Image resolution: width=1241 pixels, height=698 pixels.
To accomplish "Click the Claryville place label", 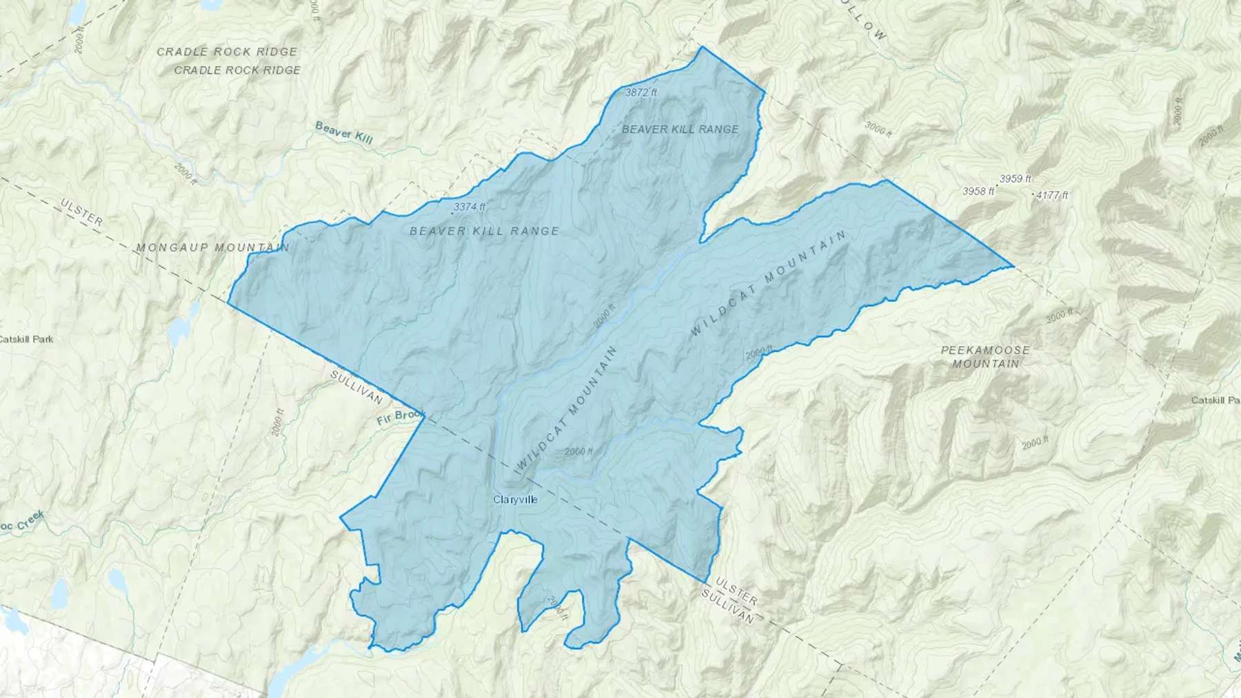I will point(515,500).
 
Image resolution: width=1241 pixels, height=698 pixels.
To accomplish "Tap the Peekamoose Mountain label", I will point(985,356).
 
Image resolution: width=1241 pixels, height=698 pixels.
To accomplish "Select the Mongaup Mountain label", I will point(212,247).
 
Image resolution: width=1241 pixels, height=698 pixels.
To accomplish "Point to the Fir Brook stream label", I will point(401,418).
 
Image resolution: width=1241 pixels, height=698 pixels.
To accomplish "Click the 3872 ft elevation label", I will point(640,92).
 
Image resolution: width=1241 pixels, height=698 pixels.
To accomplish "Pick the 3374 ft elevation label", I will point(470,206).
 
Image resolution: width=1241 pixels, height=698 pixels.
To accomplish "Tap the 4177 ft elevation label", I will point(1052,196).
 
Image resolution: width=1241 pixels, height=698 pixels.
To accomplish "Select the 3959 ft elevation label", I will point(1016,179).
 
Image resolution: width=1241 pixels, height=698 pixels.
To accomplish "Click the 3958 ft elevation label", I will point(978,192).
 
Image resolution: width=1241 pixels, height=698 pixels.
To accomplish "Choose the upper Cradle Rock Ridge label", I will point(227,52).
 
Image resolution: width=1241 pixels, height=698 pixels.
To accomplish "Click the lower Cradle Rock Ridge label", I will point(237,70).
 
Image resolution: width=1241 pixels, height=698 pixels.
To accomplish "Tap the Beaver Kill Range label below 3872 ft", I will point(680,129).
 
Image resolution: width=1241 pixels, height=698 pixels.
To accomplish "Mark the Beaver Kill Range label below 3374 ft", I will point(484,231).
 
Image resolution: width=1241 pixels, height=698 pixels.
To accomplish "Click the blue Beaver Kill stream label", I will point(343,132).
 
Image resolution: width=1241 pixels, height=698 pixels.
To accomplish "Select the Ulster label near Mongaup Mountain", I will point(82,212).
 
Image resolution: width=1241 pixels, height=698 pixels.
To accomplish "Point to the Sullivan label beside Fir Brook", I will point(356,387).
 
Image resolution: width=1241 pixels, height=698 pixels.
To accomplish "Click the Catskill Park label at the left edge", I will point(26,339).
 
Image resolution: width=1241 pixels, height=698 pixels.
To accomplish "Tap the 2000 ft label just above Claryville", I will point(578,452).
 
